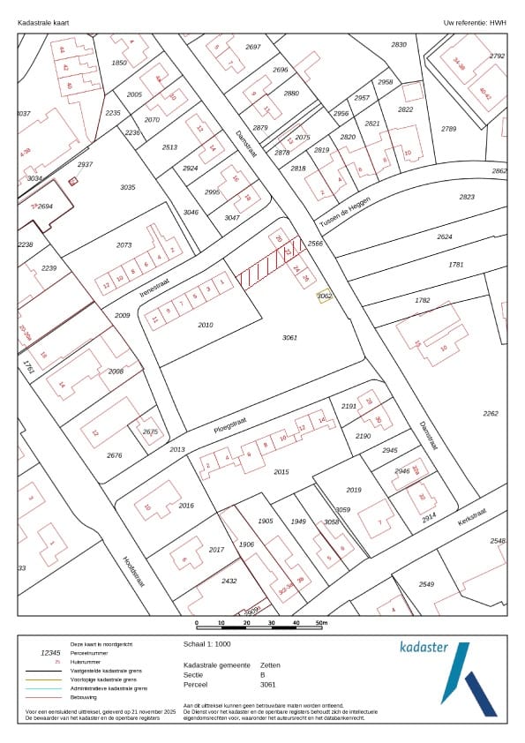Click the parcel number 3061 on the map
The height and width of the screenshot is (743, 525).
pos(290,338)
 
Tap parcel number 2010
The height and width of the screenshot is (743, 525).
pos(206,325)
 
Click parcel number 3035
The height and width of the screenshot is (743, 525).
pos(127,187)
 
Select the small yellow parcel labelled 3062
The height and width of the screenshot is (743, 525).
pos(324,296)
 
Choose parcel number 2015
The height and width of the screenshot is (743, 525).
pos(281,472)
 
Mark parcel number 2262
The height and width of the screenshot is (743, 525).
pos(491,413)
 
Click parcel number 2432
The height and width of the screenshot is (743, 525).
pos(229,581)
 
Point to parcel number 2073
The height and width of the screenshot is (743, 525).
pos(124,245)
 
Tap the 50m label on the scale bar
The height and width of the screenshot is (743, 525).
pos(321,624)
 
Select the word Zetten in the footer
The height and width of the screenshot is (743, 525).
pos(270,664)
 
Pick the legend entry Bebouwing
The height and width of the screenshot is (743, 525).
pos(85,697)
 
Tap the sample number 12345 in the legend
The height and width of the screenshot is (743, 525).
pos(51,653)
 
